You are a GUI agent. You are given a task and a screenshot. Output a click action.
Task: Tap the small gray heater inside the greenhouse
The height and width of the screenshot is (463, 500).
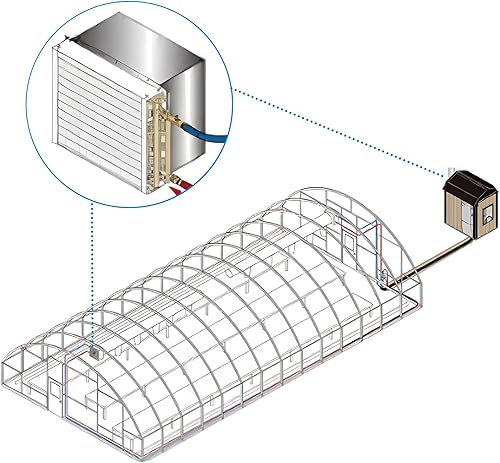pyautogui.click(x=93, y=353)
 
